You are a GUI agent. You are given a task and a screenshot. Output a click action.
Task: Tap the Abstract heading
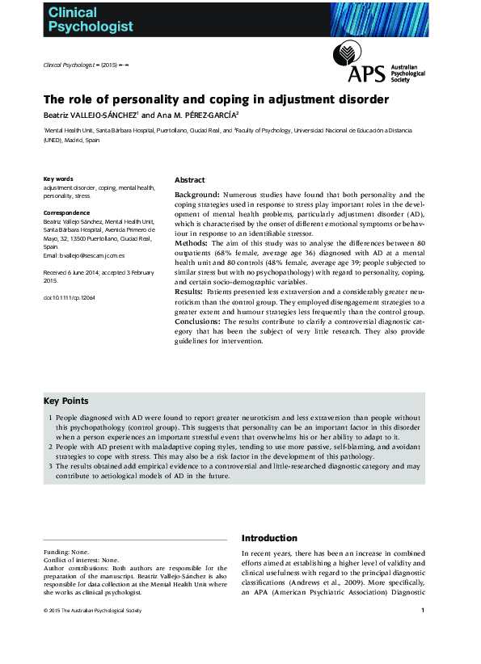click(189, 179)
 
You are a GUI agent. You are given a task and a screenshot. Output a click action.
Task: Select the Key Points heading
click(66, 401)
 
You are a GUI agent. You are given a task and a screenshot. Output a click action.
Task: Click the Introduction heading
click(270, 538)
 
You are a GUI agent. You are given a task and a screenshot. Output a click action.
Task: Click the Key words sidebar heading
click(58, 179)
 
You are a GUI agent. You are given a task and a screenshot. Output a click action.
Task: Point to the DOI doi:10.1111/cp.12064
click(69, 298)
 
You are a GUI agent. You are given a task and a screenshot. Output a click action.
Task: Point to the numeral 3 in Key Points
click(50, 466)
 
